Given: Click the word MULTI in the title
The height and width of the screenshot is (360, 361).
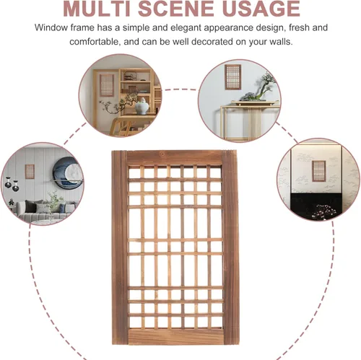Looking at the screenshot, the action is [x=97, y=9].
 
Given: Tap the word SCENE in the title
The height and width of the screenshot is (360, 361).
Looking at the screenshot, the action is [x=176, y=9].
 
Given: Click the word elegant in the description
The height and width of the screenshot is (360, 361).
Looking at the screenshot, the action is [x=186, y=28].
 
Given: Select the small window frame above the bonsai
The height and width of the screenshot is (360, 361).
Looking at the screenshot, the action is [x=232, y=76].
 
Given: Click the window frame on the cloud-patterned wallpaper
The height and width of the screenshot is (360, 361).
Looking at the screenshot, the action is [x=319, y=172].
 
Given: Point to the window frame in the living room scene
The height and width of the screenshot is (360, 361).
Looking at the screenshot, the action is [x=30, y=172].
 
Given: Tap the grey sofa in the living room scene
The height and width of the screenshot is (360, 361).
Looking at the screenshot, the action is [x=45, y=210].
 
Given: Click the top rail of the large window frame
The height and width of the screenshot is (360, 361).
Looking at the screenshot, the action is [x=175, y=158].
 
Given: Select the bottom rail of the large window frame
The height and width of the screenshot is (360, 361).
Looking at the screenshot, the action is [x=176, y=337].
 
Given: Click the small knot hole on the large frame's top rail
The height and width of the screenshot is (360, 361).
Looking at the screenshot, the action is [x=162, y=154].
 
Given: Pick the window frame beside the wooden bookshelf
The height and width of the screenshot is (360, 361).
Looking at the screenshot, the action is [x=107, y=85].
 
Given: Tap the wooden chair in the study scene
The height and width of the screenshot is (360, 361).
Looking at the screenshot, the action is [x=121, y=125].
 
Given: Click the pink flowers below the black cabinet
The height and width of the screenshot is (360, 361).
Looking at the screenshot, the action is [x=323, y=211].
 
